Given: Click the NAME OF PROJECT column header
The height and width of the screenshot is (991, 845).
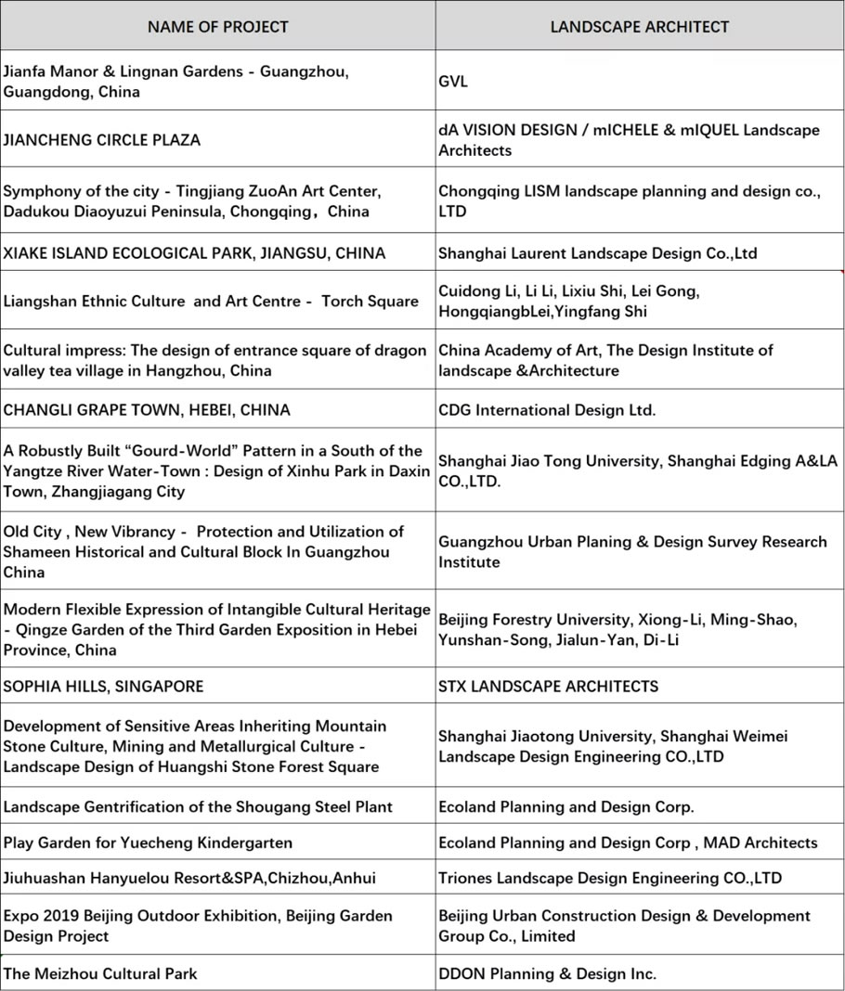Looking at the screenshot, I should coord(217,27).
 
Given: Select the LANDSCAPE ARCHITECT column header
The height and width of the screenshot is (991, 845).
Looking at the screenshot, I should coord(639,27).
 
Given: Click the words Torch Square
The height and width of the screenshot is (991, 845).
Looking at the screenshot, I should coord(370,302).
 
